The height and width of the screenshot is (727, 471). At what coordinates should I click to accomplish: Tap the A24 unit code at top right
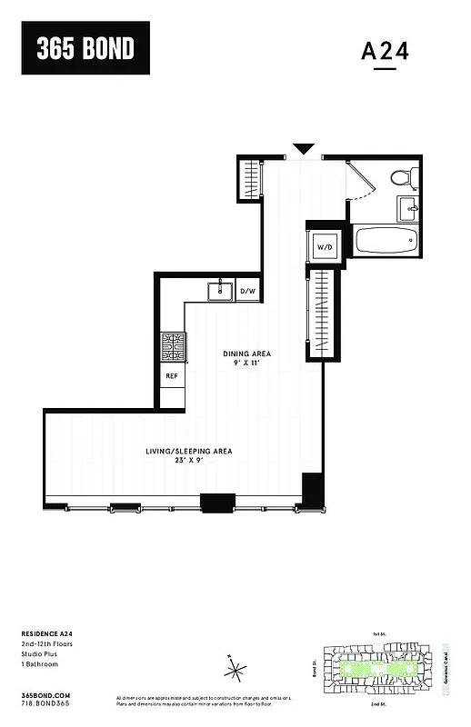click(x=385, y=52)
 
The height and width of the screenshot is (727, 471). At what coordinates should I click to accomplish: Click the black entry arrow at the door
click(x=304, y=148)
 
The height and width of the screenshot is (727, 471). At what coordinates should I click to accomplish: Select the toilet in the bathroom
click(x=401, y=177)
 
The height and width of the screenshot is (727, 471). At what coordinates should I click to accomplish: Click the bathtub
click(x=386, y=242)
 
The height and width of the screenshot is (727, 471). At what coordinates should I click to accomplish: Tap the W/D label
click(x=324, y=247)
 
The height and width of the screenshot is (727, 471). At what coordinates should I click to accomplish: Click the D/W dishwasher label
click(x=248, y=291)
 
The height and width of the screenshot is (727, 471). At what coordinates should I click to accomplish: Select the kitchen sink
click(x=221, y=291)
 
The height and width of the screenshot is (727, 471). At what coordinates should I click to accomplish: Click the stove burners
click(x=173, y=346)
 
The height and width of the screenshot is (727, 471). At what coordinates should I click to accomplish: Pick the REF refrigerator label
click(x=172, y=375)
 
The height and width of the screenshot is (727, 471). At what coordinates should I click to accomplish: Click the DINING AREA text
click(x=247, y=354)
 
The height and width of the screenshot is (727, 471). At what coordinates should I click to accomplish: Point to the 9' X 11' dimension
click(x=247, y=364)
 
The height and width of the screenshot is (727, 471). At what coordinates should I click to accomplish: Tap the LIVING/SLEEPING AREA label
click(x=190, y=451)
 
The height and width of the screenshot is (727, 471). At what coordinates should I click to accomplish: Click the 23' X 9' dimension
click(x=190, y=462)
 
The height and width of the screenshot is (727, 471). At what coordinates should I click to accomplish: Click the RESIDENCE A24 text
click(x=46, y=633)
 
